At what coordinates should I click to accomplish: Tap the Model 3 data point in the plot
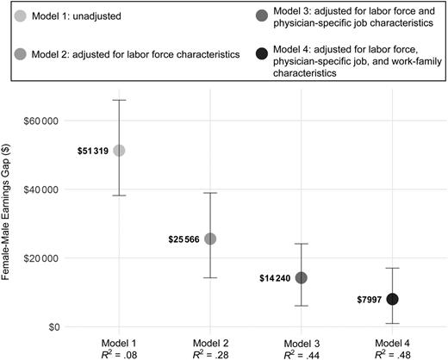(302, 277)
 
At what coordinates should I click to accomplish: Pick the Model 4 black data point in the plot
(393, 299)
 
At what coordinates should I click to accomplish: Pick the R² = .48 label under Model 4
(393, 353)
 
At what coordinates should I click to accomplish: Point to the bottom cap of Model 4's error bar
(393, 324)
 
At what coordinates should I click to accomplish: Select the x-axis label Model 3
(302, 341)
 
